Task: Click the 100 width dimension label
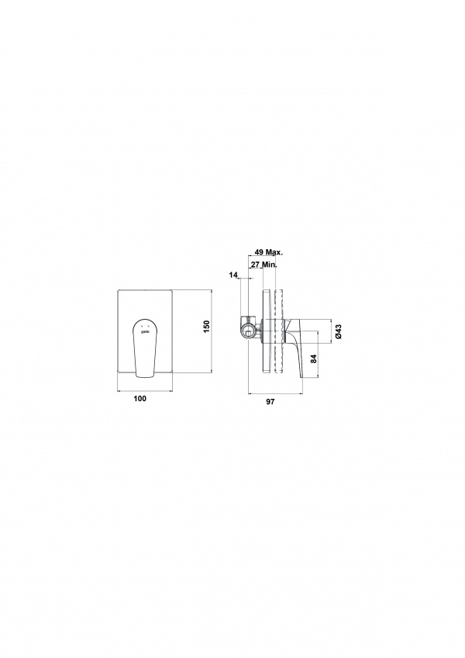[x=140, y=398]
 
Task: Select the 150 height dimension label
[x=206, y=327]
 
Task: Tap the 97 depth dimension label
[x=270, y=402]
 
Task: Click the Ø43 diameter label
[x=339, y=331]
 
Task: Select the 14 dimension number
[x=233, y=275]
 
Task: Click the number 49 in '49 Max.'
[x=259, y=252]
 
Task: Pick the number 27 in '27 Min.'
[x=255, y=265]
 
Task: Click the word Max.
[x=274, y=252]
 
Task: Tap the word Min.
[x=270, y=265]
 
